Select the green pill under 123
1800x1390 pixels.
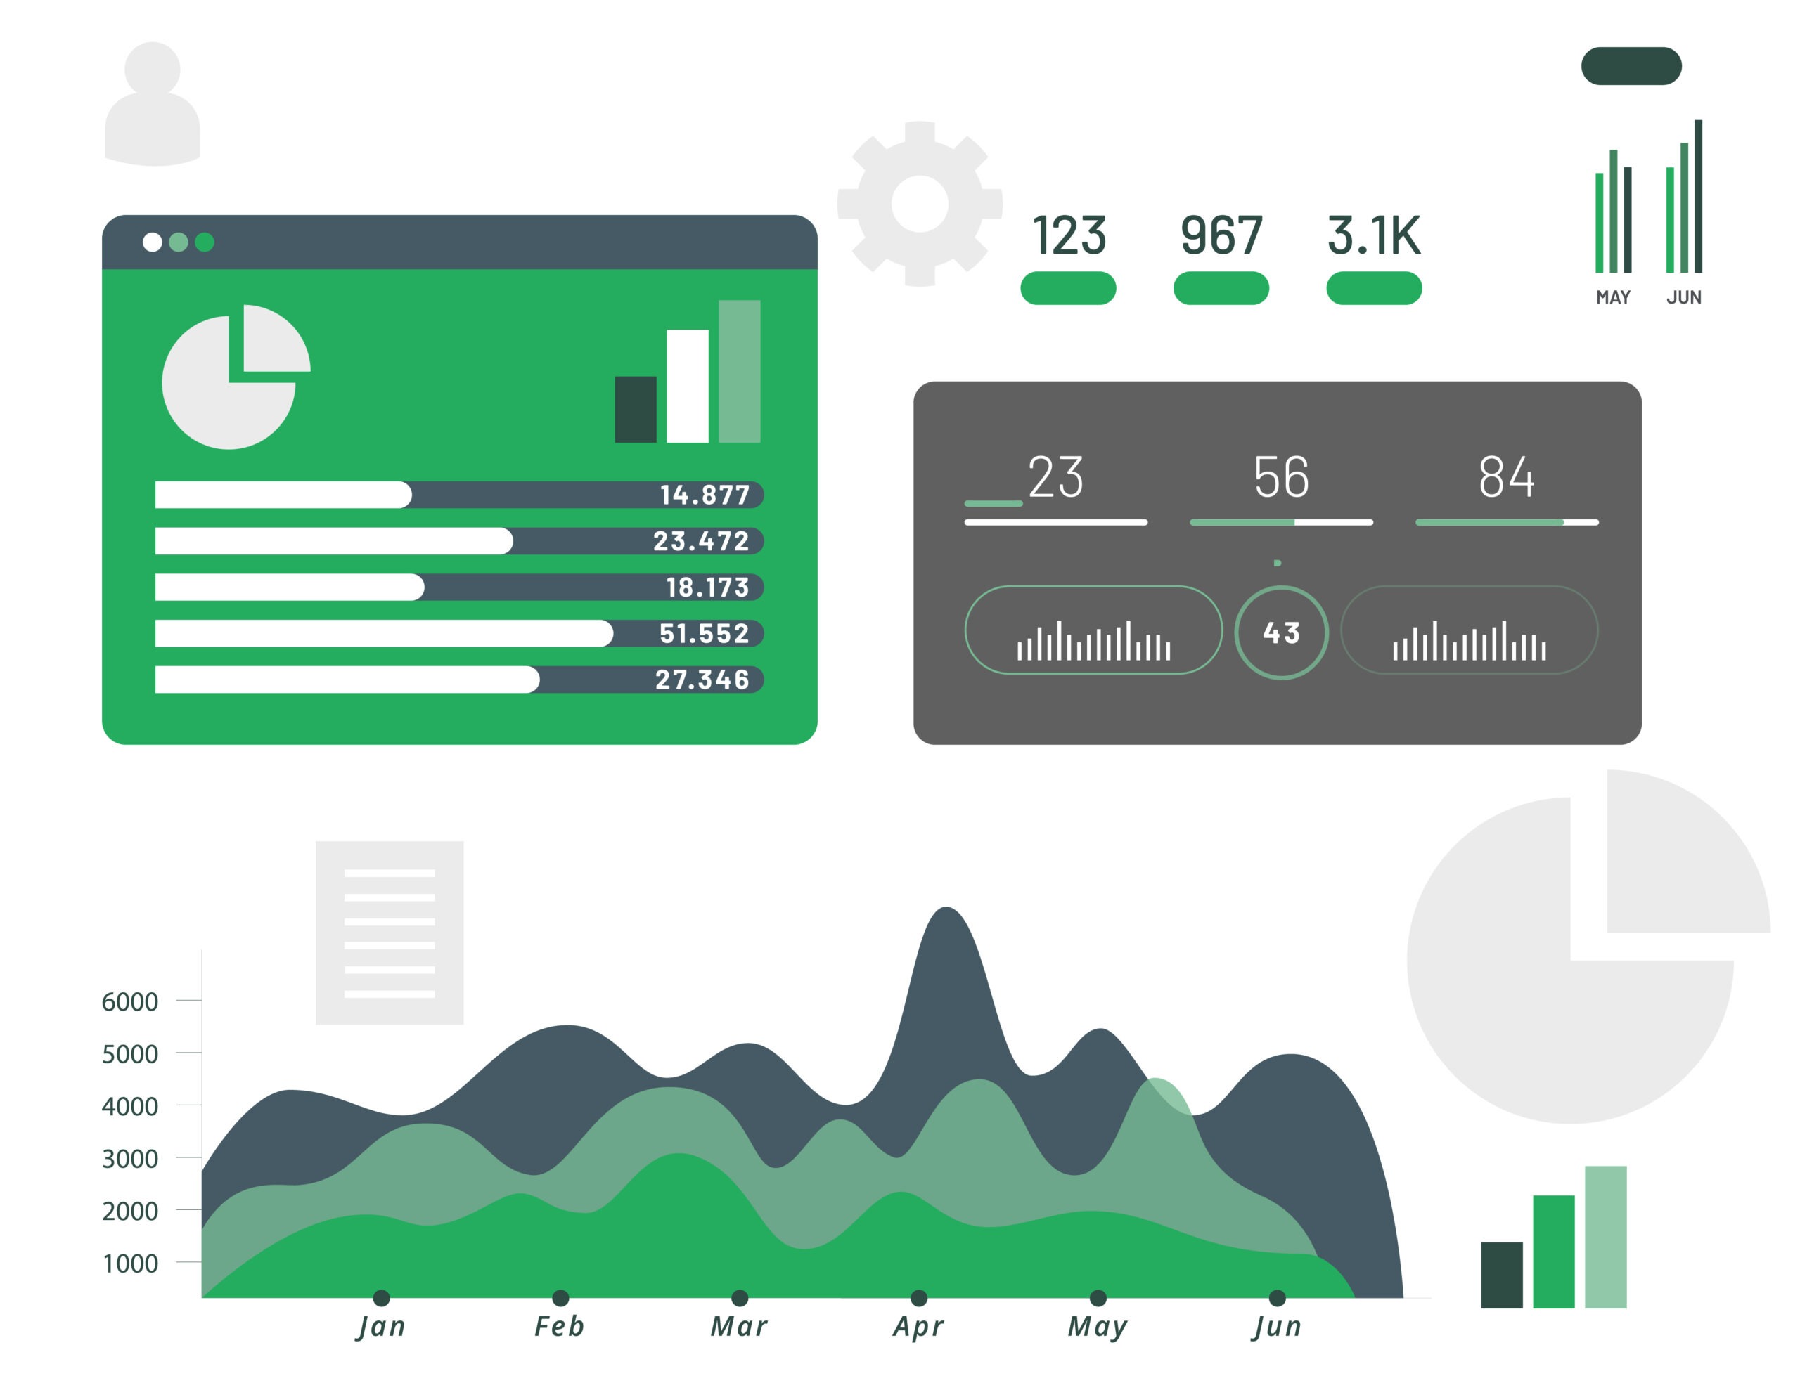1068,288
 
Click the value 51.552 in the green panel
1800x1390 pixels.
704,634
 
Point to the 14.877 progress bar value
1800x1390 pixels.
705,495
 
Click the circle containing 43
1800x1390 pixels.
1281,632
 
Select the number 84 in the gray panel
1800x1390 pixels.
1506,477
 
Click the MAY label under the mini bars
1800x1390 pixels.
1613,297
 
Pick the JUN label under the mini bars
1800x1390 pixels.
1684,297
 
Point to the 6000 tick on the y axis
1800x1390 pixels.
129,1002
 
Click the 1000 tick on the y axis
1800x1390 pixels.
129,1263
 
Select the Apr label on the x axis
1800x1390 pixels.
918,1327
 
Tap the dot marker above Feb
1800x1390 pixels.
560,1298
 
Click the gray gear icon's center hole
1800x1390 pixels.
920,204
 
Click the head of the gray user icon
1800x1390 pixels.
153,68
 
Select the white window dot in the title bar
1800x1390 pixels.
153,242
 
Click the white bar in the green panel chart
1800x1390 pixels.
688,386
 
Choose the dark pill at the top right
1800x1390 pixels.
1631,66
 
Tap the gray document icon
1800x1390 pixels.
389,932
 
